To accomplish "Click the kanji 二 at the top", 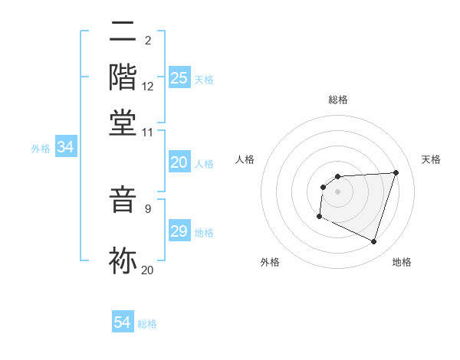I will pyautogui.click(x=123, y=32).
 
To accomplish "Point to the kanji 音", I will pyautogui.click(x=123, y=201).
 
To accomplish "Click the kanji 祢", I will pyautogui.click(x=123, y=260).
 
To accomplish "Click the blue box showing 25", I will pyautogui.click(x=179, y=78).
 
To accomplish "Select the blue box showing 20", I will pyautogui.click(x=179, y=162).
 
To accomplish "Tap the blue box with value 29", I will pyautogui.click(x=179, y=231).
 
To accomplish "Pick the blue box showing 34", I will pyautogui.click(x=65, y=147).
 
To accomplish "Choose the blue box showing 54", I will pyautogui.click(x=123, y=322).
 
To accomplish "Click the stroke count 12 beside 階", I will pyautogui.click(x=148, y=87).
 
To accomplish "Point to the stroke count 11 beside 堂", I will pyautogui.click(x=147, y=133).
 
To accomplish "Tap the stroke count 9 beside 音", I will pyautogui.click(x=148, y=208).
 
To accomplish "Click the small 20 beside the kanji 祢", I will pyautogui.click(x=147, y=269).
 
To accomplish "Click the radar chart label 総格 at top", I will pyautogui.click(x=337, y=100).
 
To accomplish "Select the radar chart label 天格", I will pyautogui.click(x=431, y=159).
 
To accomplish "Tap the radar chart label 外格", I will pyautogui.click(x=270, y=263).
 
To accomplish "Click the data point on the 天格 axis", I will pyautogui.click(x=396, y=172).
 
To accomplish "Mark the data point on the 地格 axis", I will pyautogui.click(x=373, y=242).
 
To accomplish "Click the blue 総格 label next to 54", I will pyautogui.click(x=147, y=324).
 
